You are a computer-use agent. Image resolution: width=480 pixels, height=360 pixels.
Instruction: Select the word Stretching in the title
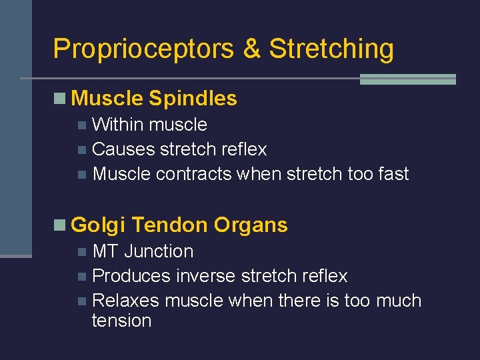click(x=331, y=49)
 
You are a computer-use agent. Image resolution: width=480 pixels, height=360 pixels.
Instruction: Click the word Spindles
click(x=193, y=99)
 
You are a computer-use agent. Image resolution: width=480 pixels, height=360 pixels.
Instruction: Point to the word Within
click(x=118, y=125)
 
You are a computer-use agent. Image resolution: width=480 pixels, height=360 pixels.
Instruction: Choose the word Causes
click(x=123, y=149)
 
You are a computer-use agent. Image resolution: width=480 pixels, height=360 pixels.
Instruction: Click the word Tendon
click(x=170, y=225)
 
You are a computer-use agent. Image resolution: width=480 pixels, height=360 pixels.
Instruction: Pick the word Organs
click(x=251, y=225)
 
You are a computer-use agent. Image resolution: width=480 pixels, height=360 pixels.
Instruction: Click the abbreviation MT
click(x=106, y=251)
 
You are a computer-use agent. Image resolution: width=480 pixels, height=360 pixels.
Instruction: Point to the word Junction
click(x=159, y=251)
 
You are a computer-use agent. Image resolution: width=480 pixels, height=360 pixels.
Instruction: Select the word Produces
click(x=131, y=276)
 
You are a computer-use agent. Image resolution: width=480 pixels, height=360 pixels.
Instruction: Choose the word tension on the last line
click(x=121, y=321)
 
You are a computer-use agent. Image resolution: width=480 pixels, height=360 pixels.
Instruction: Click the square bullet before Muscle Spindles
click(x=60, y=99)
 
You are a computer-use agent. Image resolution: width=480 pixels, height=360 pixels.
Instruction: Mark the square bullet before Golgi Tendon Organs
click(x=60, y=226)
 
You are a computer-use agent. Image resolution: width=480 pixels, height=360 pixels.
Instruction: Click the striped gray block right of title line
click(x=407, y=79)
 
